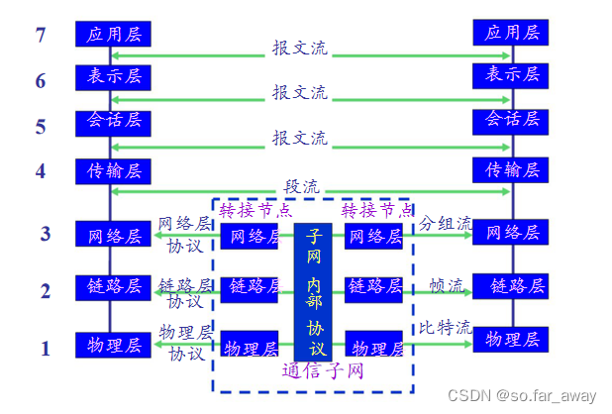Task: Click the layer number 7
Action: [41, 36]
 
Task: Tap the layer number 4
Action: [41, 171]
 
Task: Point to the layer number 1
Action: [45, 349]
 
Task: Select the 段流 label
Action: [300, 184]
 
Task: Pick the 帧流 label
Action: [447, 285]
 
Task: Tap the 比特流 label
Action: [444, 328]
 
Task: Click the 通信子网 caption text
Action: [323, 373]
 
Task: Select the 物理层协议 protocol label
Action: [186, 341]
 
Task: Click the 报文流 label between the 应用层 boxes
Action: [300, 47]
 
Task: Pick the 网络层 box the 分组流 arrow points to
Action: [510, 234]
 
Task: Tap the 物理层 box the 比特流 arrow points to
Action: [510, 339]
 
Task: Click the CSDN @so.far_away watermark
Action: [522, 396]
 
